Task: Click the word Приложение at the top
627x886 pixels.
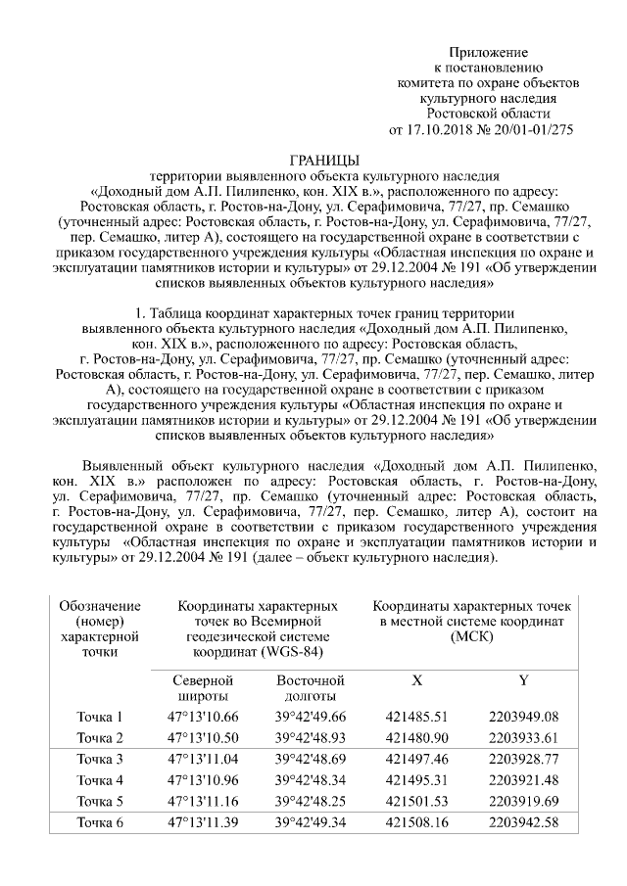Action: [489, 52]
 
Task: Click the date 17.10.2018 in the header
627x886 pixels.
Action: [436, 129]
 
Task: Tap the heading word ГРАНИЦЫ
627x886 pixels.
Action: [325, 160]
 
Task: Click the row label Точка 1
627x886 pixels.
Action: [101, 717]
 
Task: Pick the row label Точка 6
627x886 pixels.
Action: [101, 821]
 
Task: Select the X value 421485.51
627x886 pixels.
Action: [417, 717]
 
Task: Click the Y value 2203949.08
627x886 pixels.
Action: [523, 717]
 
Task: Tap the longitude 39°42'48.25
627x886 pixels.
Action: [311, 801]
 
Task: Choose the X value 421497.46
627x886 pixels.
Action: [417, 759]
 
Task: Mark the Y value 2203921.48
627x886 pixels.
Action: [523, 780]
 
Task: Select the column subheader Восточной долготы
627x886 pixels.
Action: [311, 687]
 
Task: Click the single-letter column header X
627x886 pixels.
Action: [417, 679]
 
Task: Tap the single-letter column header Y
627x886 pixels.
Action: [523, 679]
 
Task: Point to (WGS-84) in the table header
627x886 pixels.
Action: [287, 651]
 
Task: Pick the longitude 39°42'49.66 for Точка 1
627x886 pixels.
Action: [311, 717]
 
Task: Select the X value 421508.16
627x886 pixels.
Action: [417, 821]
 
